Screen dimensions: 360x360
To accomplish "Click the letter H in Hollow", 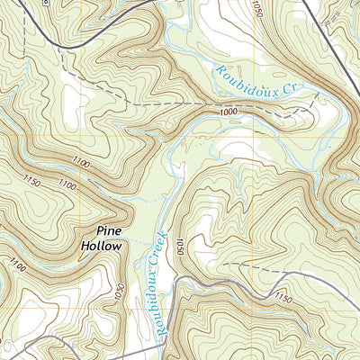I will click(x=84, y=244).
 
